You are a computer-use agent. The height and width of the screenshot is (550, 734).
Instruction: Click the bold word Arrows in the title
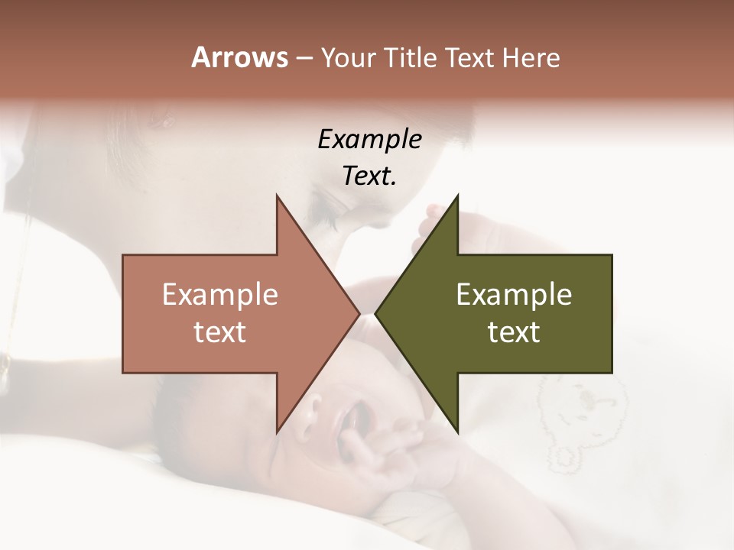pyautogui.click(x=239, y=57)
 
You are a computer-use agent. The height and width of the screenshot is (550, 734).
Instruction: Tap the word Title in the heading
pyautogui.click(x=411, y=57)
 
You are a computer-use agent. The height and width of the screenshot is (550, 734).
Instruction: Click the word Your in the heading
pyautogui.click(x=347, y=58)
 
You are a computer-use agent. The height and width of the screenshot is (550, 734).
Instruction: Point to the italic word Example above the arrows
pyautogui.click(x=369, y=139)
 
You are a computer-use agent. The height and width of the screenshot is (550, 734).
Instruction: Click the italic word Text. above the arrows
pyautogui.click(x=369, y=176)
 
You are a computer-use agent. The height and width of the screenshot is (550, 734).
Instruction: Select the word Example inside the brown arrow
pyautogui.click(x=220, y=295)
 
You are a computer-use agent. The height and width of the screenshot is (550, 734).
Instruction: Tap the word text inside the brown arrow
pyautogui.click(x=220, y=332)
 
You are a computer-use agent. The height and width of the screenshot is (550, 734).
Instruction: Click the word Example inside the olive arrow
pyautogui.click(x=514, y=295)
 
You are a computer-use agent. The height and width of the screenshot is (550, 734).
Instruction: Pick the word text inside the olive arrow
pyautogui.click(x=514, y=332)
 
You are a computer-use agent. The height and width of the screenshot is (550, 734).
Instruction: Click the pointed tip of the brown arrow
pyautogui.click(x=359, y=313)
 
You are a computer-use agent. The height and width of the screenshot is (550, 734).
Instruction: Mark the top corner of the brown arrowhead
pyautogui.click(x=277, y=196)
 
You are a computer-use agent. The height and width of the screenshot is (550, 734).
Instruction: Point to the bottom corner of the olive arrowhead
pyautogui.click(x=457, y=432)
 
